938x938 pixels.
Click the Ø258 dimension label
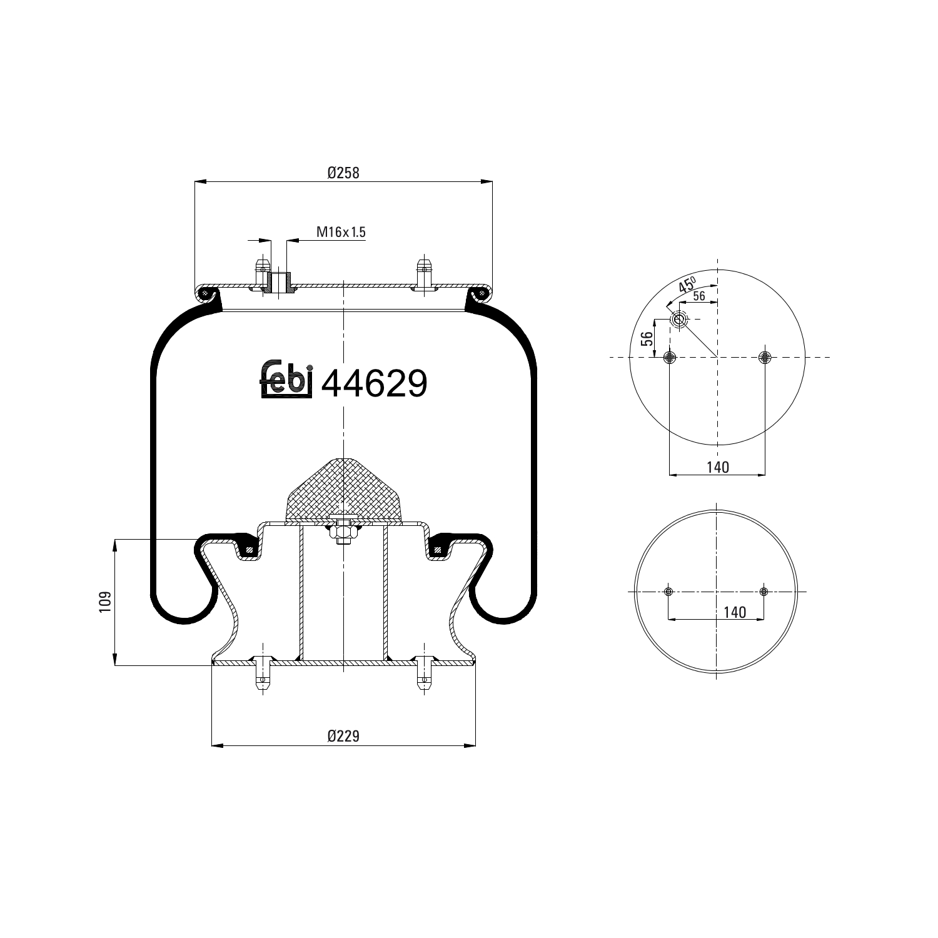point(343,173)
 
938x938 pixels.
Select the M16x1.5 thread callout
point(340,233)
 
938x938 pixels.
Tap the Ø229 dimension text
point(343,736)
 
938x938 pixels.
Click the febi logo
point(285,380)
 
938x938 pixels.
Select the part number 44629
point(374,383)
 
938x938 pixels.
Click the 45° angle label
point(686,286)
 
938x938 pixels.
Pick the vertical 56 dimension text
point(647,338)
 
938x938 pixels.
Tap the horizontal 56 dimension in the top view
point(698,296)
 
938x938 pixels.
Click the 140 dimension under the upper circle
point(717,467)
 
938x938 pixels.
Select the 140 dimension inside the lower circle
point(735,612)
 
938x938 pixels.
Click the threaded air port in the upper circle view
point(678,320)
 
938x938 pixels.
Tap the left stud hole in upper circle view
point(670,357)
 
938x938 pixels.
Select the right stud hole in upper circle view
point(765,357)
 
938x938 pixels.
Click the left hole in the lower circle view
point(668,592)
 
